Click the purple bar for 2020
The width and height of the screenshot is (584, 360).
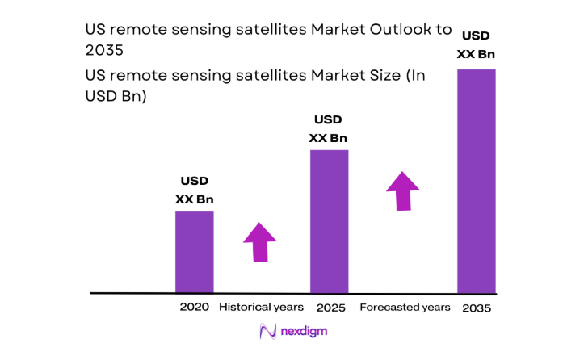[x=195, y=252]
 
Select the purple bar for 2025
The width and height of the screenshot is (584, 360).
[x=330, y=221]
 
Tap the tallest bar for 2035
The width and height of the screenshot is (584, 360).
[x=477, y=181]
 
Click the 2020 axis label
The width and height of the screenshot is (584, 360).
[x=195, y=307]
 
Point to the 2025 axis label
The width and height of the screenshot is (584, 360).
[x=330, y=308]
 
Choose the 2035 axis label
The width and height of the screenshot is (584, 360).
[x=477, y=308]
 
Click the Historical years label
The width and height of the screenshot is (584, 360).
[x=262, y=307]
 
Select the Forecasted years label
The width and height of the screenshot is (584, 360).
[x=405, y=308]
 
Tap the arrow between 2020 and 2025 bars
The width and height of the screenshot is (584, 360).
[x=259, y=241]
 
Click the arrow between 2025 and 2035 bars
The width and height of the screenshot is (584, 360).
[x=403, y=190]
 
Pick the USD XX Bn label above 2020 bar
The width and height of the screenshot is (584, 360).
[x=195, y=190]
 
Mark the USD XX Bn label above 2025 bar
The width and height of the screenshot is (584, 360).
[x=329, y=128]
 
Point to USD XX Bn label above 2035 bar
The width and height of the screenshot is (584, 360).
[x=477, y=44]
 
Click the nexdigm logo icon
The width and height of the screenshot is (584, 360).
[x=268, y=331]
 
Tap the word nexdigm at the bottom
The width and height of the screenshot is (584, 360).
[x=304, y=332]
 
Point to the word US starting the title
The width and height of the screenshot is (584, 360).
[x=95, y=30]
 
